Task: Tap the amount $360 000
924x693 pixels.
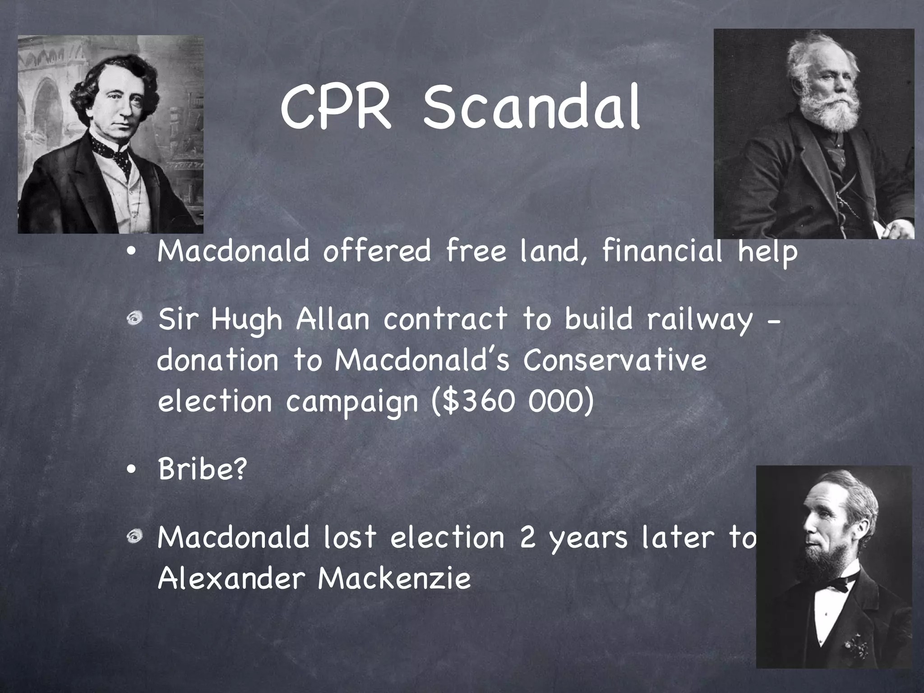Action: coord(512,401)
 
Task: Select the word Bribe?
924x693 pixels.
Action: coord(203,469)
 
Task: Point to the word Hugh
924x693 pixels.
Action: coord(246,320)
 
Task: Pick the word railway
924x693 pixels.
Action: coord(700,320)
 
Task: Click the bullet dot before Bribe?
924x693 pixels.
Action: coord(131,470)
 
